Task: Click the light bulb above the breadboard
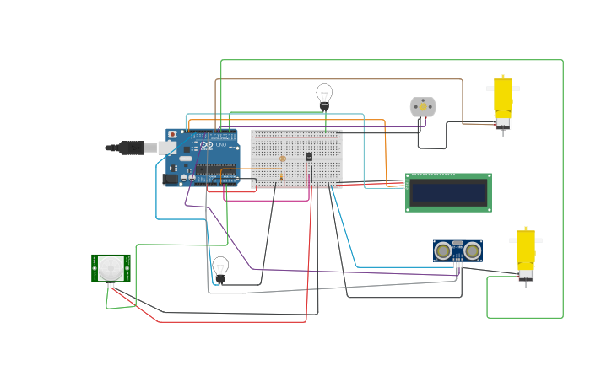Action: [x=324, y=94]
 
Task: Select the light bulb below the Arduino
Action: [x=220, y=267]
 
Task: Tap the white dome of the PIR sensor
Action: [x=111, y=268]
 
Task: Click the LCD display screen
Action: [x=448, y=193]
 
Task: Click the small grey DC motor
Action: [x=423, y=107]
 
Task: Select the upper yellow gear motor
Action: [x=503, y=97]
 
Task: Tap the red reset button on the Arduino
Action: [x=173, y=134]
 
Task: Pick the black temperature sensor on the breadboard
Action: [x=309, y=157]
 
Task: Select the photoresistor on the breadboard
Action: [x=282, y=159]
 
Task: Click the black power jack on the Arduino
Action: [x=170, y=178]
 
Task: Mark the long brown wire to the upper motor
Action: [x=338, y=80]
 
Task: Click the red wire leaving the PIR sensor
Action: [x=211, y=321]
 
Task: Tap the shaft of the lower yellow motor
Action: [x=526, y=284]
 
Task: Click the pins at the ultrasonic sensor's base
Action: [x=458, y=266]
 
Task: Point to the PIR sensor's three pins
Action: [x=111, y=285]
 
